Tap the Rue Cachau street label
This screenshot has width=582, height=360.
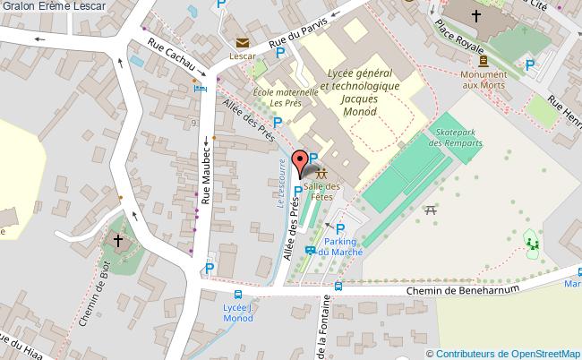173,59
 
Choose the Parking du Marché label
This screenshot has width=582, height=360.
340,247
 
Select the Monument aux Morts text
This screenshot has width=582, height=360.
484,80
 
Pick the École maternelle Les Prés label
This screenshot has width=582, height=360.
286,97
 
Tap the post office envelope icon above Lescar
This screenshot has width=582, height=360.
242,42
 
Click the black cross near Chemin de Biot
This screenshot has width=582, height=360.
118,240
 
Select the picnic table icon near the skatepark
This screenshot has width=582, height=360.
431,210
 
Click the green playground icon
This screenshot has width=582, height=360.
532,240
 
